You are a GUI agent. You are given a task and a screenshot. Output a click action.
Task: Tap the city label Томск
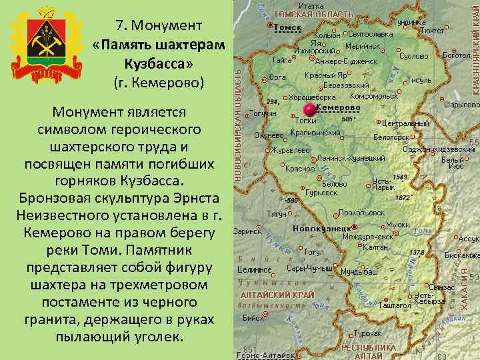click(288, 27)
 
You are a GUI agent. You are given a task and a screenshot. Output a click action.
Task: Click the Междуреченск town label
click(367, 236)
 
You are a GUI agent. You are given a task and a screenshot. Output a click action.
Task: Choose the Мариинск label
click(363, 47)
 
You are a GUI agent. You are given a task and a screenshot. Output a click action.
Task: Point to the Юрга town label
click(277, 77)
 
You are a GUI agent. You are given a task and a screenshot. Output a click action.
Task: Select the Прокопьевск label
click(361, 213)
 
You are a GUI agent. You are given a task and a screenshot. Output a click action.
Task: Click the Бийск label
click(253, 319)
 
